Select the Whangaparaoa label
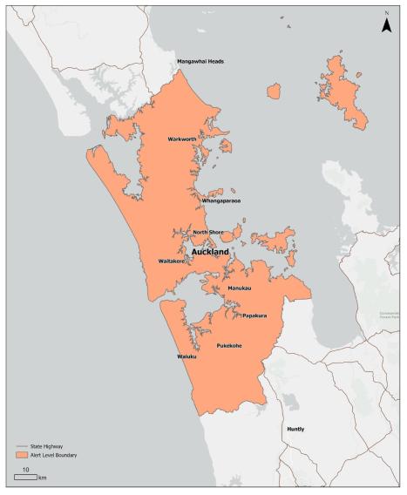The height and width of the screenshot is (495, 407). tap(220, 200)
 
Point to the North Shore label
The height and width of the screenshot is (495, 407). tap(208, 232)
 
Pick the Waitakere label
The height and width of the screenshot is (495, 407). tap(175, 261)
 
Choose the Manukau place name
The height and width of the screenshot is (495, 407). tap(239, 288)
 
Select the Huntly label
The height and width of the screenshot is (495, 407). tap(298, 430)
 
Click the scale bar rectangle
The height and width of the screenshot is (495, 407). tap(24, 478)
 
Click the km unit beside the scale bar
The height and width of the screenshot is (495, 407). tap(42, 478)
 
